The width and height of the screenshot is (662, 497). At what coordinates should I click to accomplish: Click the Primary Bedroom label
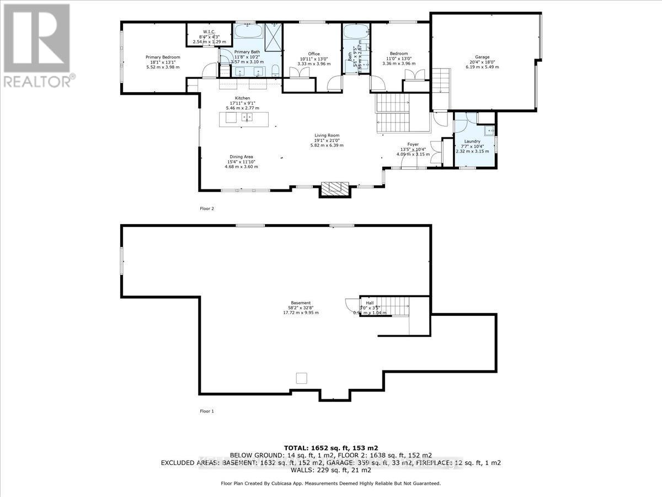coord(163,57)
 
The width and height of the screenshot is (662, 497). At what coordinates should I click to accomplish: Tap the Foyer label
coord(413,144)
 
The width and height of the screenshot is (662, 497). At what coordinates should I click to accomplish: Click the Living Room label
coord(327,135)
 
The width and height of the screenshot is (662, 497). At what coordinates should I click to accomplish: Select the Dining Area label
coord(242,157)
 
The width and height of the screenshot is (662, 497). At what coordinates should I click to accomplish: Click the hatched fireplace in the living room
coord(336,189)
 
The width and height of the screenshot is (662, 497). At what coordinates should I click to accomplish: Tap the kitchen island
coord(245,119)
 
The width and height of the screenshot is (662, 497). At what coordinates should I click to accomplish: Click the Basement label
coord(301,303)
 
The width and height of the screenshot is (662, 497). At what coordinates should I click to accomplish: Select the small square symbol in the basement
coord(301,378)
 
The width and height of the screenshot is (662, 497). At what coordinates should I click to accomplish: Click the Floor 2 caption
coord(206,209)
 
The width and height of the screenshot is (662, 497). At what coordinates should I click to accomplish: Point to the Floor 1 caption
coord(206,411)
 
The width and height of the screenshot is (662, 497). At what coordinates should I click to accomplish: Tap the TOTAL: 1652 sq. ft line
coord(330,447)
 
